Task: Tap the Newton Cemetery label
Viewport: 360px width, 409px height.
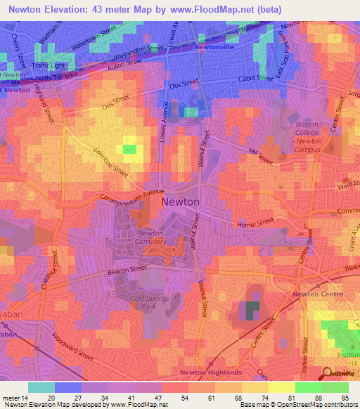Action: [151, 237]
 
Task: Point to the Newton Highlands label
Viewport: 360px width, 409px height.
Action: [211, 372]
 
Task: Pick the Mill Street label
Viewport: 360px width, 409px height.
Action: [261, 157]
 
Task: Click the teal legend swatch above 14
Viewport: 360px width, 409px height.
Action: [41, 387]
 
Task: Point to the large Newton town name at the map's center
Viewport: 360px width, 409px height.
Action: [181, 202]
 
